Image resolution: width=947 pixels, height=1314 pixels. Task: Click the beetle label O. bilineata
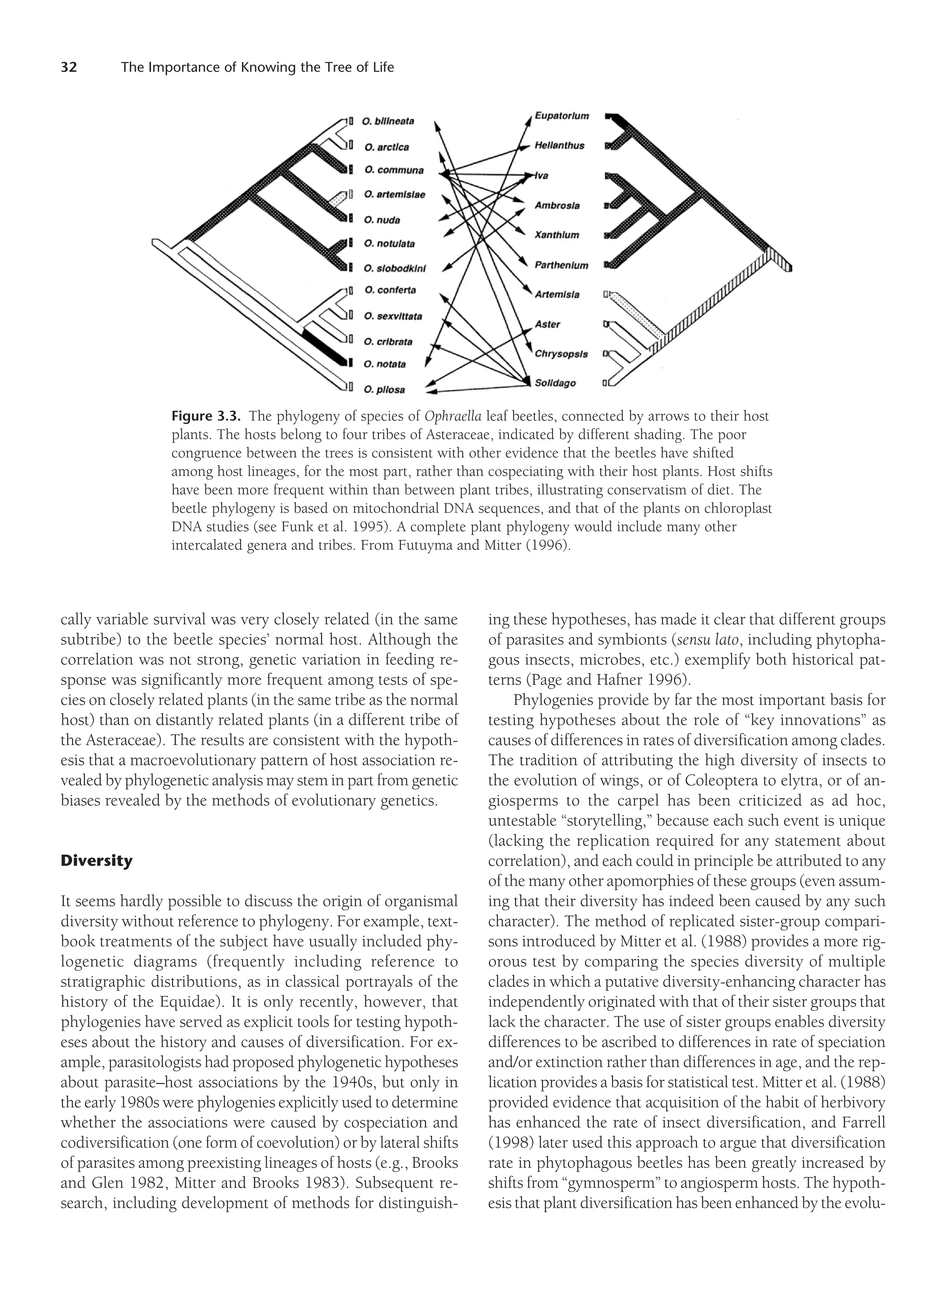pos(388,121)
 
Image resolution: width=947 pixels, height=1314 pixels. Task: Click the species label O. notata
pos(385,364)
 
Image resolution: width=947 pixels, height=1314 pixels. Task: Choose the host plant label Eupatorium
pos(562,116)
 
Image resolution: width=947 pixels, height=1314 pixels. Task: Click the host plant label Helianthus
pos(559,146)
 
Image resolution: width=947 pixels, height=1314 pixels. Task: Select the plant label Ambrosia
pos(557,206)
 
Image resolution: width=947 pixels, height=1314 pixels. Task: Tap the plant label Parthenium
pos(561,265)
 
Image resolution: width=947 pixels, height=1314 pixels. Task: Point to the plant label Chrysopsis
pos(561,354)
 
